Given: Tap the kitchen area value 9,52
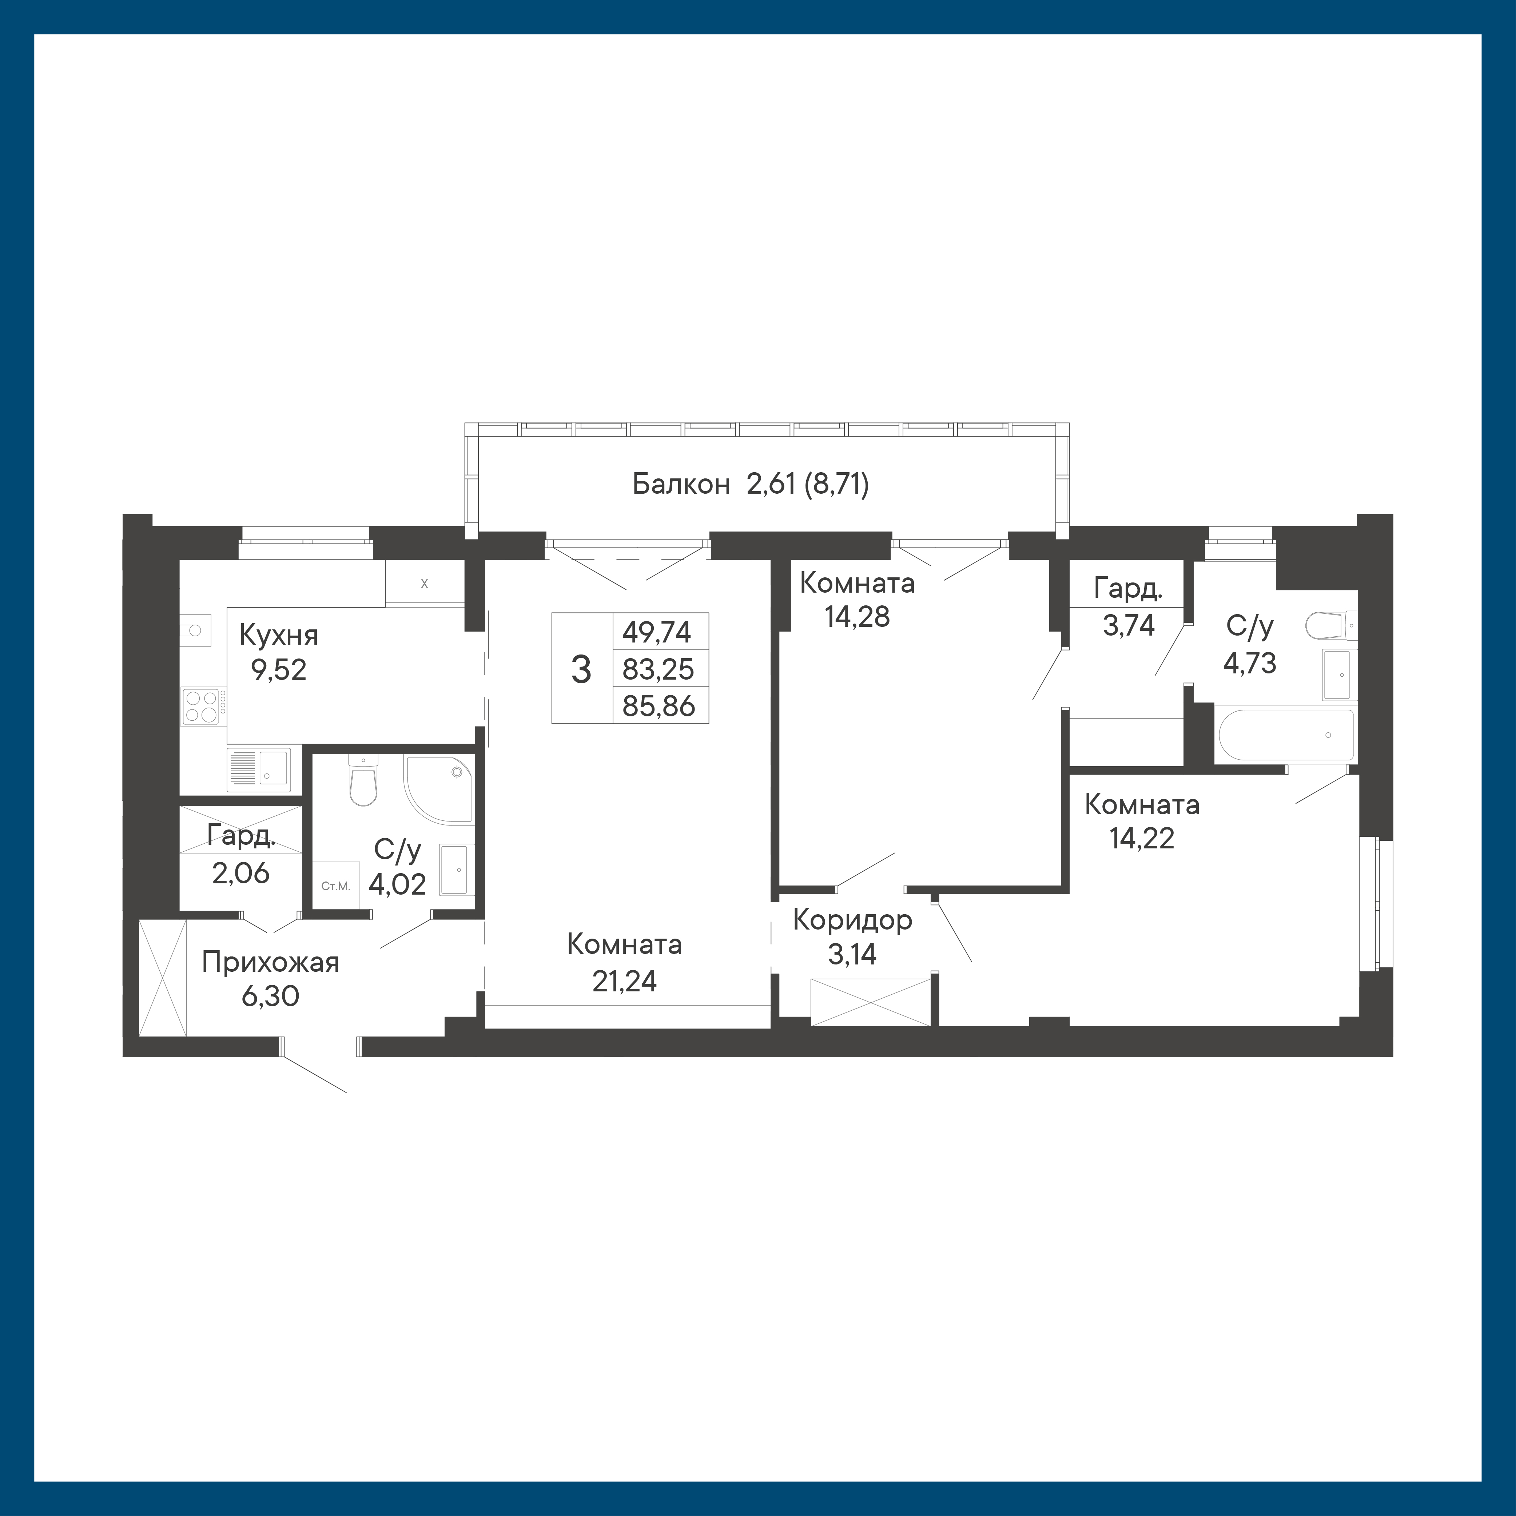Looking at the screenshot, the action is [279, 669].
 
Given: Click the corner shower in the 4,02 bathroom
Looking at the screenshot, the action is [439, 789].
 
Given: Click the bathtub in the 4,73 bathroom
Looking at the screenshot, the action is [1285, 735].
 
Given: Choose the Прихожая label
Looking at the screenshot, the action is [271, 962].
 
